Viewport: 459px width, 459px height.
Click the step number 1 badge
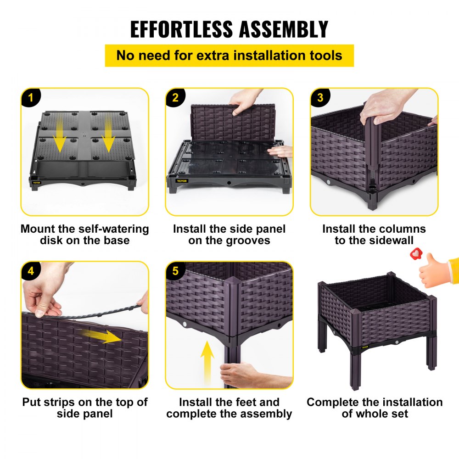[30, 97]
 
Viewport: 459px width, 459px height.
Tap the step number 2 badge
[175, 97]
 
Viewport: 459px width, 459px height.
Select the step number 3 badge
[319, 97]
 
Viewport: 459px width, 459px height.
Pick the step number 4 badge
[30, 271]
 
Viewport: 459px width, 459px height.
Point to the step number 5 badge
[175, 271]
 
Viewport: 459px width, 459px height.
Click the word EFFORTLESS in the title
[181, 29]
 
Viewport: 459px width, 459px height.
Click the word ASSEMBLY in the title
[284, 29]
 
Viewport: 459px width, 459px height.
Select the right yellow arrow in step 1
[108, 133]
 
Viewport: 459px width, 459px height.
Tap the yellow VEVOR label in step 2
[181, 181]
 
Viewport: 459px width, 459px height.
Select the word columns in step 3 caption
[403, 229]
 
